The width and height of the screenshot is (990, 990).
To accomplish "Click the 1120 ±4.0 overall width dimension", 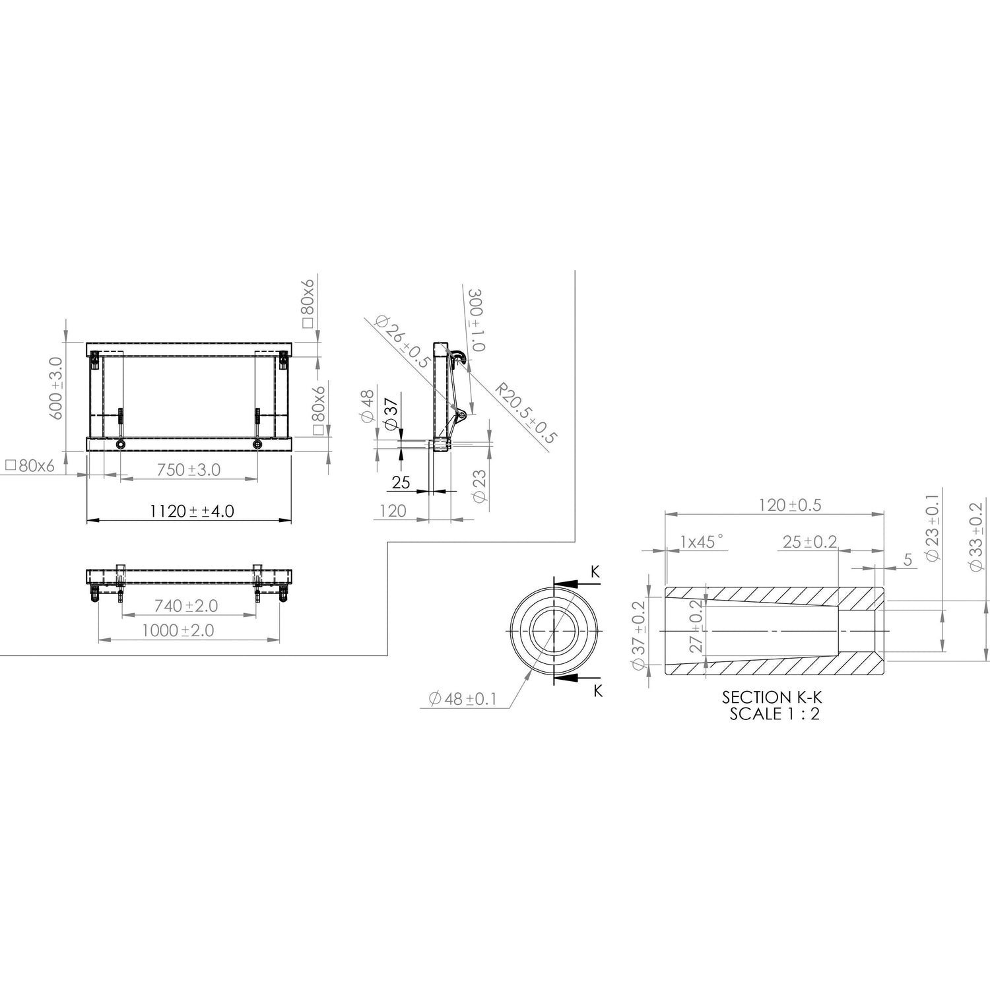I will pos(191,511).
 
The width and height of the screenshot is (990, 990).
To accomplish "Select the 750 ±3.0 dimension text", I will pos(188,469).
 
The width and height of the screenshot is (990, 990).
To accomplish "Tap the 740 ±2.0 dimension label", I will pos(185,605).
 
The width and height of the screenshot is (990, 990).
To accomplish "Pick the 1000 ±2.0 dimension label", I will pos(178,630).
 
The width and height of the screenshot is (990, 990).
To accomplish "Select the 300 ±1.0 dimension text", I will pos(476,320).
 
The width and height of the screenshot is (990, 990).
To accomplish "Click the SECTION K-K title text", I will pos(774,697).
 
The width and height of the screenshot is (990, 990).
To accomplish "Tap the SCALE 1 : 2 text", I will pos(774,713).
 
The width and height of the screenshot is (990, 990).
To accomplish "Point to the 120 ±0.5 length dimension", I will pos(789,505).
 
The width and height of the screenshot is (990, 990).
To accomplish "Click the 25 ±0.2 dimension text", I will pos(809,542).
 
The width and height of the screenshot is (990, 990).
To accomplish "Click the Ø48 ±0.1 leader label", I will pos(462,699).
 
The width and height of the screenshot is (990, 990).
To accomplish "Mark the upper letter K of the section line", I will pos(595,572).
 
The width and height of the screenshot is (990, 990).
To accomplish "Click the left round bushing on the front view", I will pos(120,444).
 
